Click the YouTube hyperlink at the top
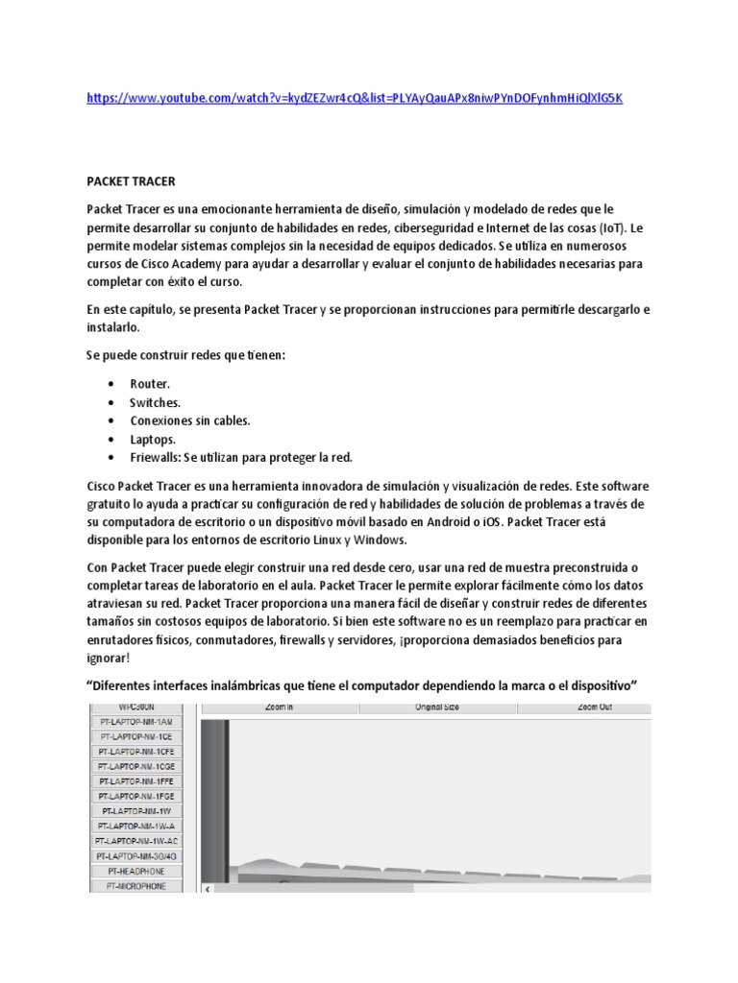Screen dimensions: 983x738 (355, 98)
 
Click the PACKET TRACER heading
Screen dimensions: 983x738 (131, 180)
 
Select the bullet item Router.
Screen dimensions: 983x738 (150, 384)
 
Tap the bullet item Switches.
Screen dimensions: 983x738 (155, 402)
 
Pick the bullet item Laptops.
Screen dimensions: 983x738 (153, 439)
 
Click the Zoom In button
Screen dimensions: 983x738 (280, 707)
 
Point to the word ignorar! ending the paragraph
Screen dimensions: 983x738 (117, 659)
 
